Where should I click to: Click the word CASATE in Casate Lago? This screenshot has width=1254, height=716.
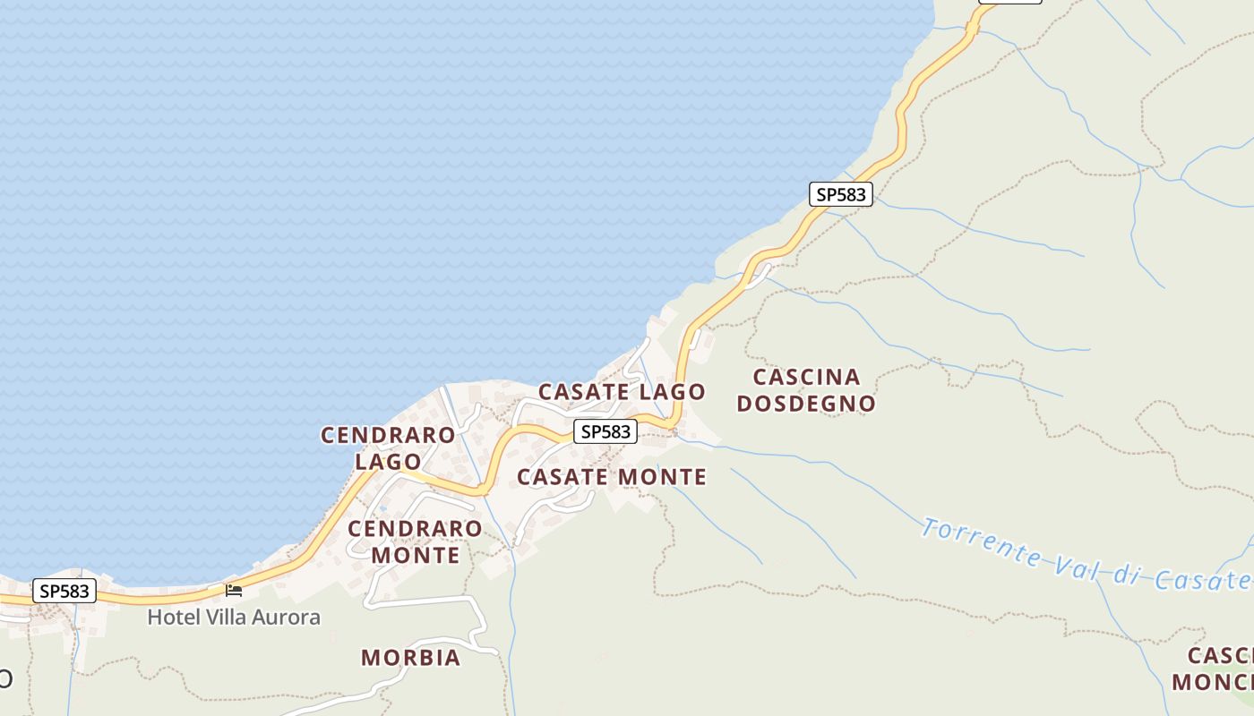pos(584,392)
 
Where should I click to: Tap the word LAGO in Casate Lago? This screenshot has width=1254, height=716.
pos(673,392)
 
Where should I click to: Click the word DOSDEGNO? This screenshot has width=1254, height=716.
pos(805,404)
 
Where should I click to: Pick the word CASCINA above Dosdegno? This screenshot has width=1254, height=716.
pos(806,377)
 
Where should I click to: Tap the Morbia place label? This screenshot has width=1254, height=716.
pos(410,658)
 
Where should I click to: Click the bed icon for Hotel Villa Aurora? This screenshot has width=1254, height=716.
pos(234,591)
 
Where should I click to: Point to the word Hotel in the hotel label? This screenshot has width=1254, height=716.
pos(170,618)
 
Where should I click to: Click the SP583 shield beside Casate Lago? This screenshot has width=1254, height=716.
pos(606,431)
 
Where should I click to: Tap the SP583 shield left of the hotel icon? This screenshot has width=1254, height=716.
pos(64,591)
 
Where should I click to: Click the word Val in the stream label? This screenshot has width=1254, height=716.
pos(1070,564)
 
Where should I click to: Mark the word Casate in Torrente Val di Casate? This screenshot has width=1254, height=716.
pos(1200,580)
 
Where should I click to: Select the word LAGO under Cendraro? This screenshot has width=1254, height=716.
pos(388,462)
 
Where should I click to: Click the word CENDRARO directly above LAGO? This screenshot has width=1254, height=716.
pos(388,436)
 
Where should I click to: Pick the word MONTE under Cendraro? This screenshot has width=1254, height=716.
pos(415,555)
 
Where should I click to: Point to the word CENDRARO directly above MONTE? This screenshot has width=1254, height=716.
pos(415,529)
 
